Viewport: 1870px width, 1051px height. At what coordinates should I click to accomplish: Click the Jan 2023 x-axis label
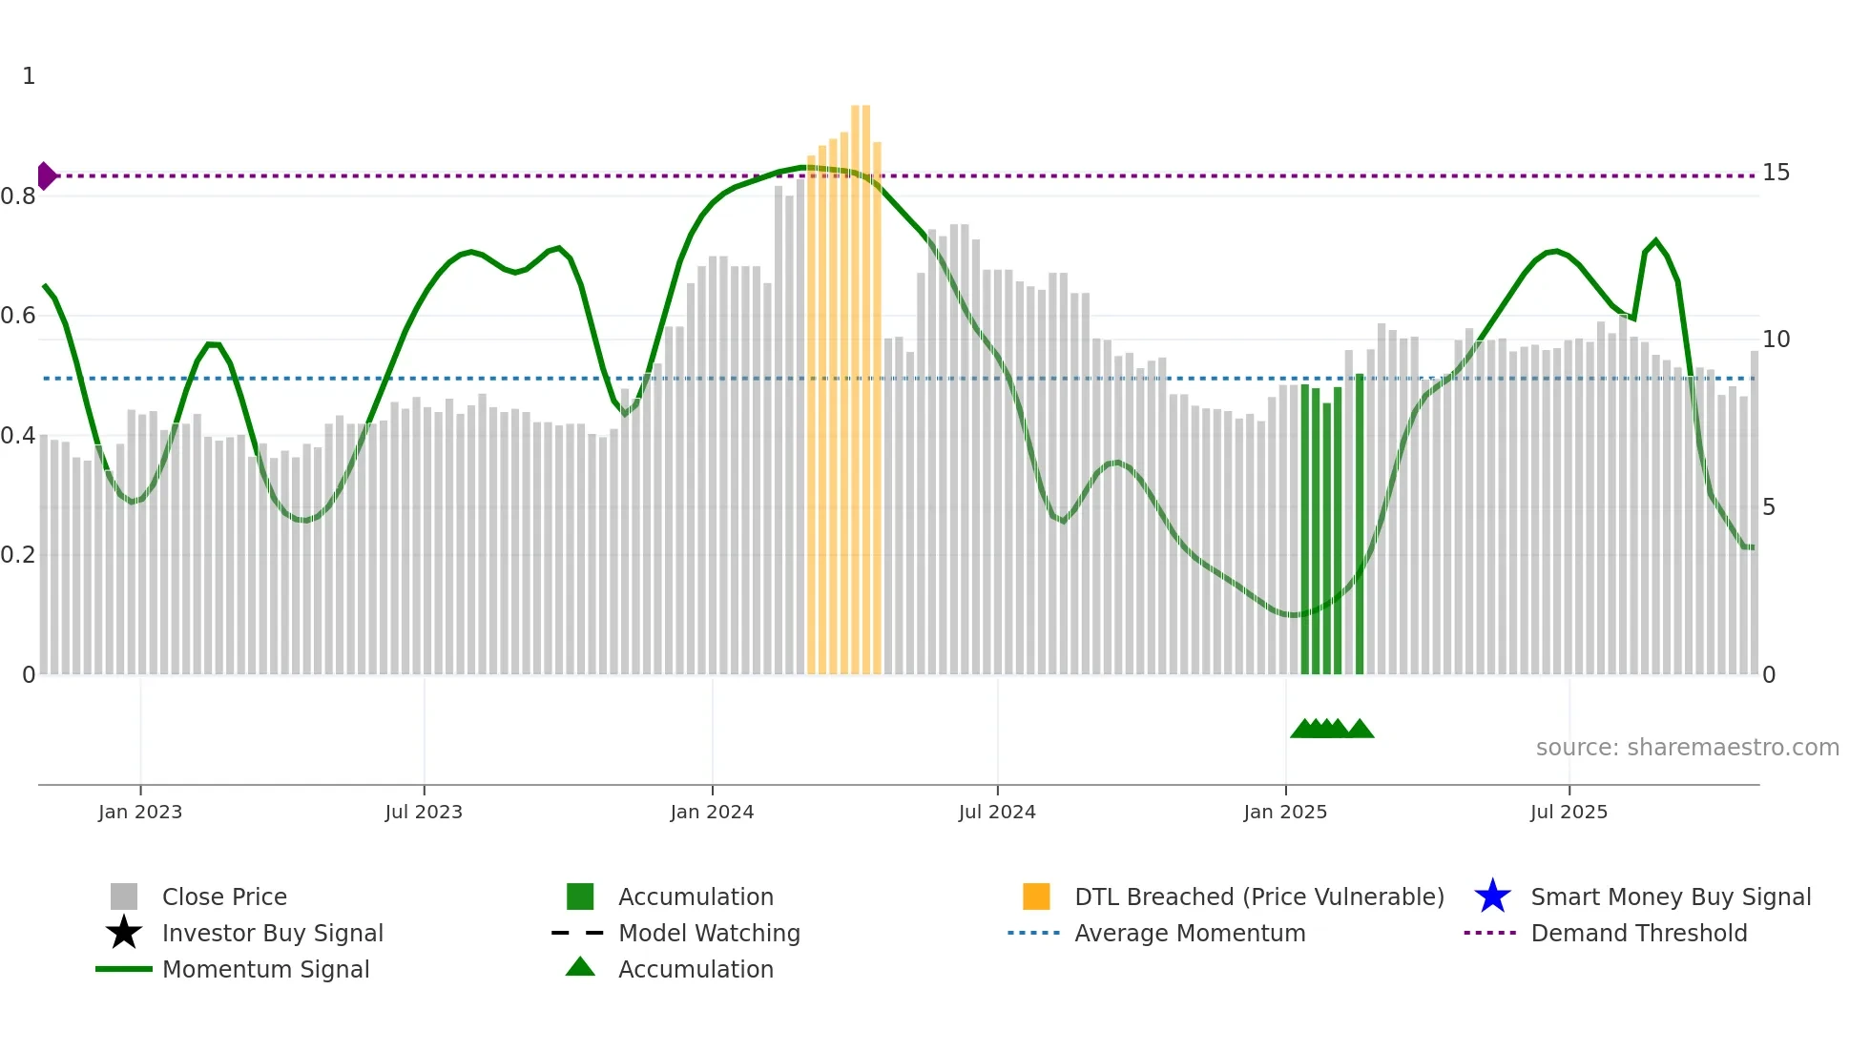click(x=139, y=812)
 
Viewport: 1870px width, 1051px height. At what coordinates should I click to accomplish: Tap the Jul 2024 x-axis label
click(x=997, y=812)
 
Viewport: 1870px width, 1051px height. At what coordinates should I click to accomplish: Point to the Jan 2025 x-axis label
click(x=1285, y=812)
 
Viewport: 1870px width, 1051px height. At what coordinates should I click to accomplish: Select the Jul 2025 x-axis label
click(x=1569, y=812)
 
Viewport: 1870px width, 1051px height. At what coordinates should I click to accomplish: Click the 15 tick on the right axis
click(x=1776, y=173)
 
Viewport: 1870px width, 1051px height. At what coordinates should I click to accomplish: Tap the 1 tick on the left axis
click(x=29, y=76)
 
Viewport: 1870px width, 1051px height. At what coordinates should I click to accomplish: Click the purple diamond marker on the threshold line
click(x=46, y=175)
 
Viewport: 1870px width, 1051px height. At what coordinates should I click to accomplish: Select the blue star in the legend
click(x=1492, y=896)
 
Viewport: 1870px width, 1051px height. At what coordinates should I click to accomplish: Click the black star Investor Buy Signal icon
click(x=124, y=933)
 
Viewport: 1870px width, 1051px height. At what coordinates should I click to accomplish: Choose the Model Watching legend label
click(x=709, y=933)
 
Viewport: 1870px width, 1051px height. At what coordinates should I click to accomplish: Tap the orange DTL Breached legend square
click(x=1036, y=896)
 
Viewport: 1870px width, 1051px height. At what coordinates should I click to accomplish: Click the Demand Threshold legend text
click(x=1638, y=933)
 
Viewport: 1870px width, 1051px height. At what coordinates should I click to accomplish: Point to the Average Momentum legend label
click(x=1190, y=933)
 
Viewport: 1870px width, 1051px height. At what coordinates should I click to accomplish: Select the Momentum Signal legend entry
click(x=265, y=969)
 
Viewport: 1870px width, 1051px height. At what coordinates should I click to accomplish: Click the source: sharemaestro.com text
click(x=1687, y=748)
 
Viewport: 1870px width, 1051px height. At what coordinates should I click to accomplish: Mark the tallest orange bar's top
click(x=861, y=107)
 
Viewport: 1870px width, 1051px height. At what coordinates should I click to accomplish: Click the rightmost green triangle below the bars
click(x=1361, y=729)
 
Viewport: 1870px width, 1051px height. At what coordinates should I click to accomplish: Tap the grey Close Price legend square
click(x=124, y=896)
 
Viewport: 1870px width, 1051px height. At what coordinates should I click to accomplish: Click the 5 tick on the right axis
click(x=1769, y=507)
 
